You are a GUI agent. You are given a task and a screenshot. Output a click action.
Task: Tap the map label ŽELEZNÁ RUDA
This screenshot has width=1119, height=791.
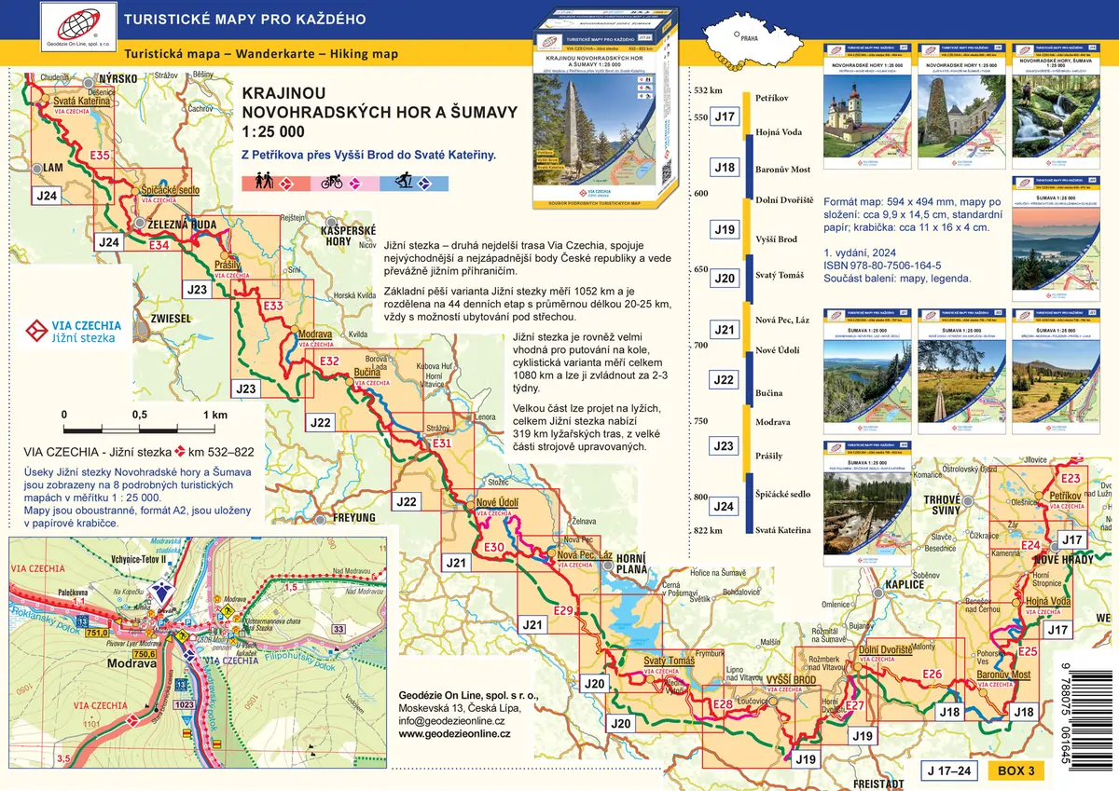184,224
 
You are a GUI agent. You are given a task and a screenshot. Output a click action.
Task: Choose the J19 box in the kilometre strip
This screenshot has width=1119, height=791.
724,229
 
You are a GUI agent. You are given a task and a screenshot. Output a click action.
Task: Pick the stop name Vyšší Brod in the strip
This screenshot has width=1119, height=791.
776,239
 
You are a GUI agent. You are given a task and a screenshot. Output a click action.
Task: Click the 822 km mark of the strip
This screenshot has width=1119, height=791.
709,530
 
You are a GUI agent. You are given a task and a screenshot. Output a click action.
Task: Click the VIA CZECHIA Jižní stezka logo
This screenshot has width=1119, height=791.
73,331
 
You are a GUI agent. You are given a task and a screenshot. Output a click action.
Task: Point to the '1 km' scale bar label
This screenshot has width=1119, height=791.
214,415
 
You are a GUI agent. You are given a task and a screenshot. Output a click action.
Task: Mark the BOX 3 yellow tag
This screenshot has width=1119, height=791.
1015,771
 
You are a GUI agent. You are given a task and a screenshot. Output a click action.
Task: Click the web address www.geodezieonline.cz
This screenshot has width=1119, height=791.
454,734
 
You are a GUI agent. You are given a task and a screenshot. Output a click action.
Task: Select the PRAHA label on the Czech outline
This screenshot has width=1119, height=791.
749,40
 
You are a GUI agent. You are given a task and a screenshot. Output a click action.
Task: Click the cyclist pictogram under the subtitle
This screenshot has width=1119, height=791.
330,183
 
